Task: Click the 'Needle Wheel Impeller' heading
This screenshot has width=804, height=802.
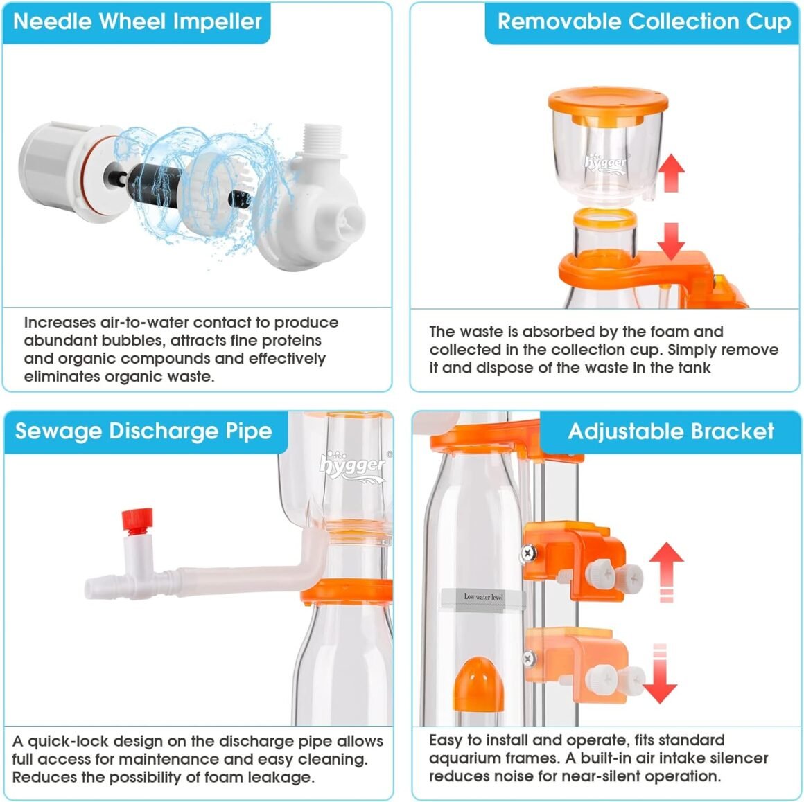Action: click(x=137, y=21)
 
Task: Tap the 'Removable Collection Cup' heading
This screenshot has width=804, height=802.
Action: click(x=644, y=21)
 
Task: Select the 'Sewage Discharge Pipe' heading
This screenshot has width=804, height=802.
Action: click(x=143, y=431)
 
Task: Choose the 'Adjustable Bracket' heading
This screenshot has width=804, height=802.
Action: click(x=671, y=431)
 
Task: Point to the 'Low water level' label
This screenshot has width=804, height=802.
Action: click(x=483, y=597)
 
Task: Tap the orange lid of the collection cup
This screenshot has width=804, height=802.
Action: click(x=608, y=105)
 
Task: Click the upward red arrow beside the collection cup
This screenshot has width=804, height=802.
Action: click(x=671, y=172)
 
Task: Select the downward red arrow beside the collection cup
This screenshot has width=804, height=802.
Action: click(x=671, y=242)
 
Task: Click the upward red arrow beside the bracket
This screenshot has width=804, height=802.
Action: click(x=666, y=571)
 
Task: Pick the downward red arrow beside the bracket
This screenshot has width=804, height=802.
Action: click(x=661, y=673)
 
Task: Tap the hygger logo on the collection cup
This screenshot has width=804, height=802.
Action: click(x=606, y=163)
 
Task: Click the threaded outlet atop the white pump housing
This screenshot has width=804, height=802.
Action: click(x=322, y=141)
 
